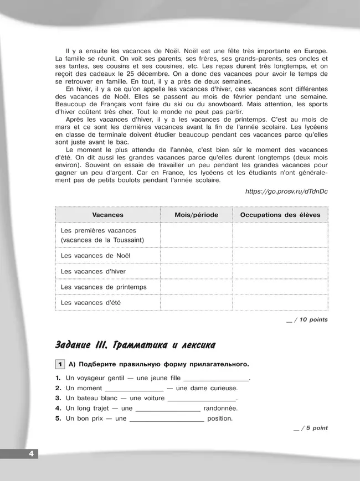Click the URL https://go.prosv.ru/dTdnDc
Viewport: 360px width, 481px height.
(x=286, y=192)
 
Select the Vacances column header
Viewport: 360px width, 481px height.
(x=107, y=215)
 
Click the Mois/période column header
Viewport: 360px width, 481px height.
(x=196, y=215)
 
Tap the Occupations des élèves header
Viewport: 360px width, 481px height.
(x=280, y=215)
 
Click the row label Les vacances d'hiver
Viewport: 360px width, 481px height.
(x=93, y=271)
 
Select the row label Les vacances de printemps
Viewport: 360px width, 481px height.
(x=104, y=287)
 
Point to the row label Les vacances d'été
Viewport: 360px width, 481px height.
(x=90, y=303)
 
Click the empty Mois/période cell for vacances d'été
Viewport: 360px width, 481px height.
(x=196, y=303)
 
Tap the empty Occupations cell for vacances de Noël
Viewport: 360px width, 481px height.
(x=280, y=256)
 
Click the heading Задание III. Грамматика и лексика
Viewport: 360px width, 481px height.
(x=135, y=345)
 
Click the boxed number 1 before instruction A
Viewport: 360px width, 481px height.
(x=59, y=364)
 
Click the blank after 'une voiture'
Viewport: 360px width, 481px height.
(x=202, y=399)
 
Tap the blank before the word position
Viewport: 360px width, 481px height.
(x=167, y=419)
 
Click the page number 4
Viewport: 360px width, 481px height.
(x=30, y=454)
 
